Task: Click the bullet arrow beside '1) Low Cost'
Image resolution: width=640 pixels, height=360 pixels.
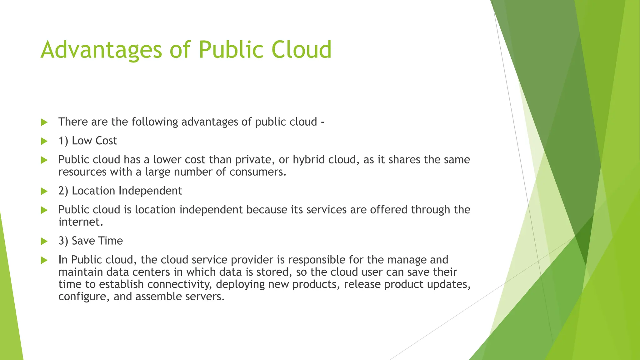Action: [44, 141]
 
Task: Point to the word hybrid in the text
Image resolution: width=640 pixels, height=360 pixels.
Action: [309, 160]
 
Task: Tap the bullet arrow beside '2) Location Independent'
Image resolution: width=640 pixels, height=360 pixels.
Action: [44, 191]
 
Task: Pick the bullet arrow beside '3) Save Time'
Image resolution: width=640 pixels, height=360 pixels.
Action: [44, 241]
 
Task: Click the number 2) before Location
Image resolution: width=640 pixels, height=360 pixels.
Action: [63, 191]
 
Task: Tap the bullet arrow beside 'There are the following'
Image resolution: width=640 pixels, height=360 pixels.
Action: [44, 122]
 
